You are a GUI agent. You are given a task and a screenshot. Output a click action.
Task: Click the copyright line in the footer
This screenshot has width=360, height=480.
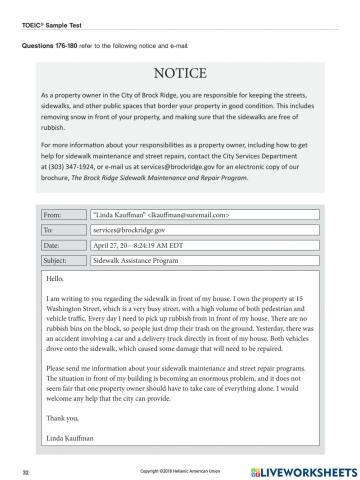coord(180,467)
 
